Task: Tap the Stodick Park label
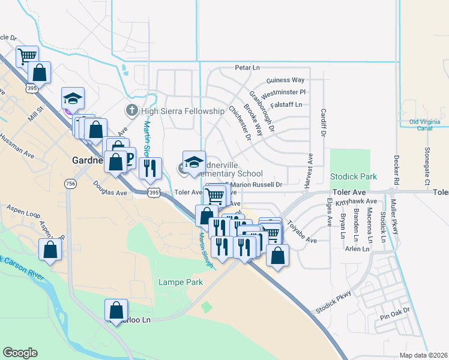pos(354,177)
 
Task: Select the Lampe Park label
pos(180,282)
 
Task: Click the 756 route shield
pos(72,184)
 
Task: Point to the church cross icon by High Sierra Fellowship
pos(131,110)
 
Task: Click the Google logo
pos(20,352)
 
